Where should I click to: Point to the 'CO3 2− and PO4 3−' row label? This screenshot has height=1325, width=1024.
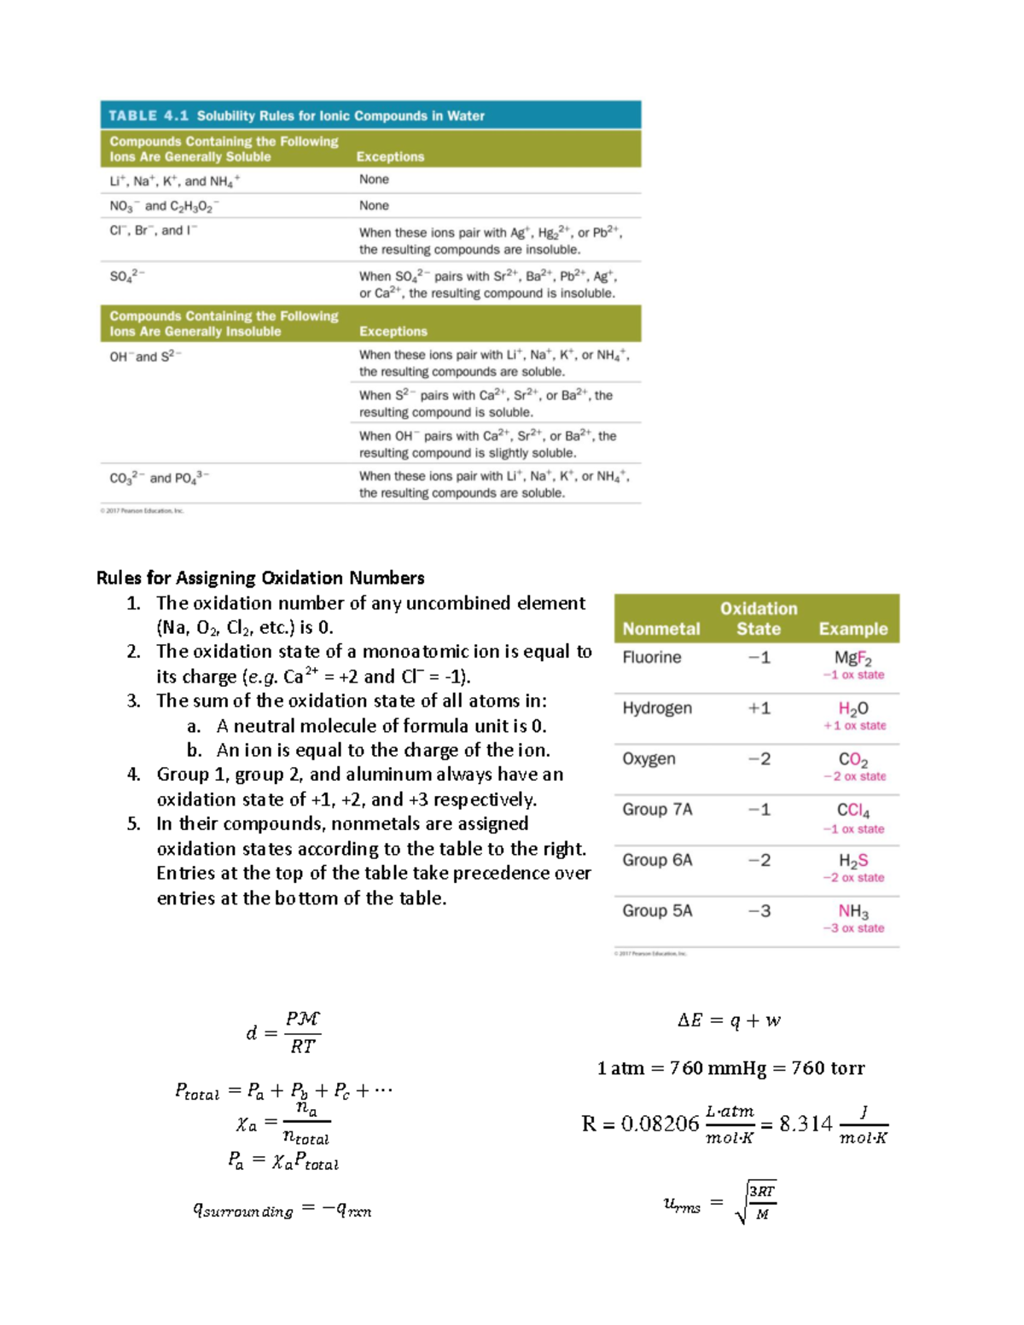pos(159,478)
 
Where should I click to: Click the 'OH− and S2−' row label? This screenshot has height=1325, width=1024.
pos(145,356)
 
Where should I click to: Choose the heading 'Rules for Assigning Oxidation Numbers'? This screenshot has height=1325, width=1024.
pos(260,578)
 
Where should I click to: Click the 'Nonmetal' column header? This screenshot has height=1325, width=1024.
pos(660,629)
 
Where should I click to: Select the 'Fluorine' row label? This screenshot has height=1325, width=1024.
pos(651,657)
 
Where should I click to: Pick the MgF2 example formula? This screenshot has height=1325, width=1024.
pos(852,658)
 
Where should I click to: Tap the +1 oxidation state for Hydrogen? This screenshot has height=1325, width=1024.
pos(759,708)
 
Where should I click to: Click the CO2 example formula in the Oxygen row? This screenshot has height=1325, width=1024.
pos(852,759)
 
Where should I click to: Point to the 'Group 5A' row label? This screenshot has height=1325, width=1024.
pos(657,910)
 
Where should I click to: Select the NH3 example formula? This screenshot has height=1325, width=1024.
pos(852,911)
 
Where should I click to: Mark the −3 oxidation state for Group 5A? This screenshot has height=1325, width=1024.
pos(759,910)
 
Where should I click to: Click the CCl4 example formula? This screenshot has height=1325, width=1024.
pos(852,810)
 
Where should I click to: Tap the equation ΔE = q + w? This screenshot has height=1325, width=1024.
pos(729,1020)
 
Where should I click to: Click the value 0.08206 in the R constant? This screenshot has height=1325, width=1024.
pos(660,1124)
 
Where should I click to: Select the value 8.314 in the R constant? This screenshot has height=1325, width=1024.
pos(806,1124)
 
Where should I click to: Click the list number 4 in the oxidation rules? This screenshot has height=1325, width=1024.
pos(133,775)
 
